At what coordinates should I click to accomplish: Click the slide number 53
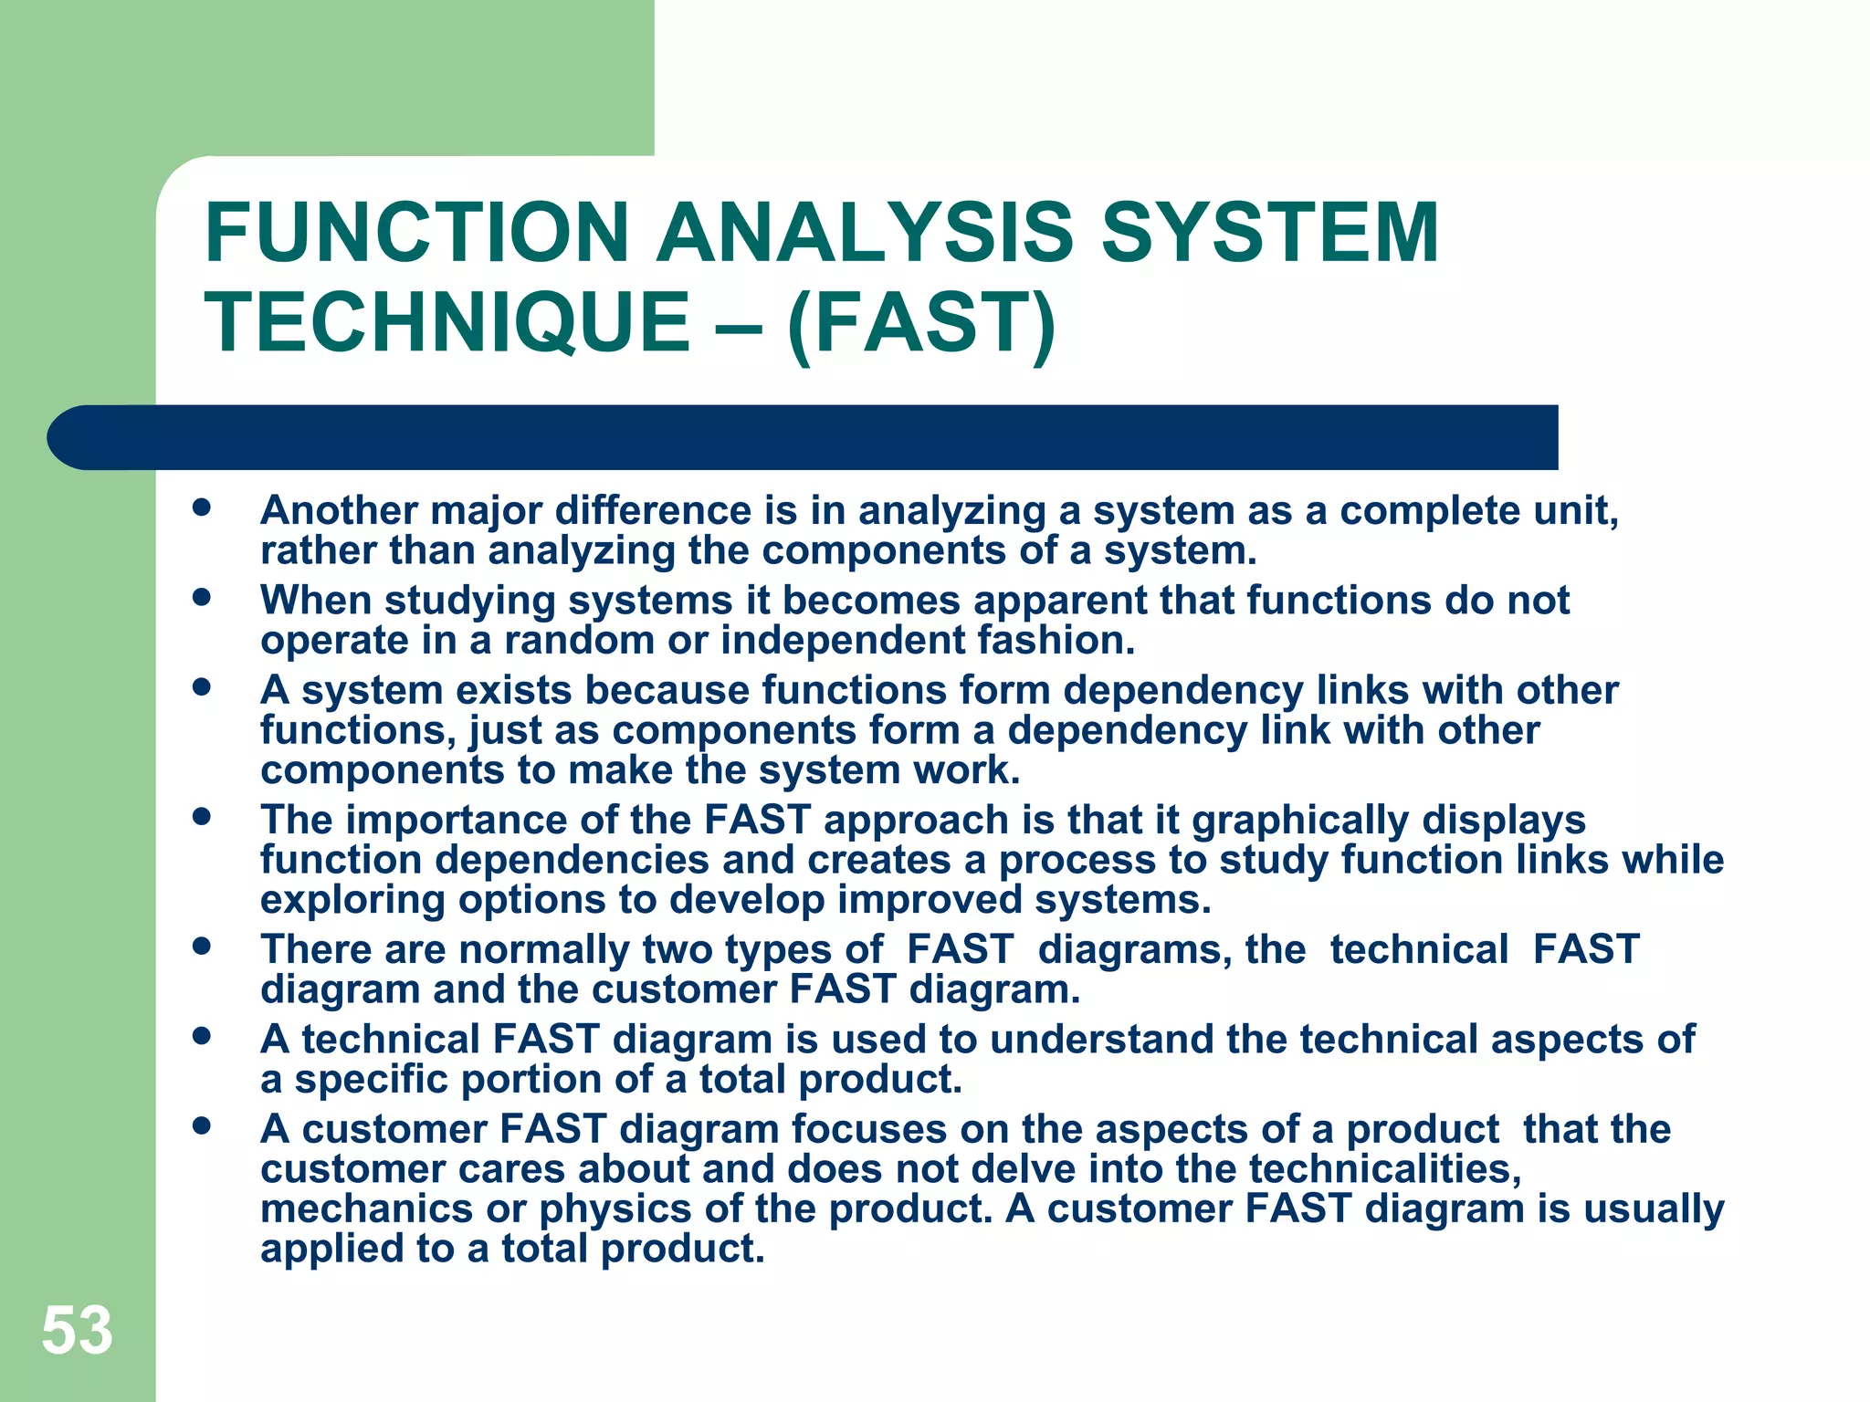77,1331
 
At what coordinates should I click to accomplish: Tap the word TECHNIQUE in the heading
447,322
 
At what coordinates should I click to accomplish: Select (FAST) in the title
920,322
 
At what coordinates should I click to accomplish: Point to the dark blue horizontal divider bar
804,437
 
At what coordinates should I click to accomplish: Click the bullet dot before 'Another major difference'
202,507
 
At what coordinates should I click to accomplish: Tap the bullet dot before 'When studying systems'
202,598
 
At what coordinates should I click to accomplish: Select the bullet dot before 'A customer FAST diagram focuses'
202,1126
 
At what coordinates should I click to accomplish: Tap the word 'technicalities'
1384,1169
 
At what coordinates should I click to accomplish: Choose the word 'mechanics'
366,1209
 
